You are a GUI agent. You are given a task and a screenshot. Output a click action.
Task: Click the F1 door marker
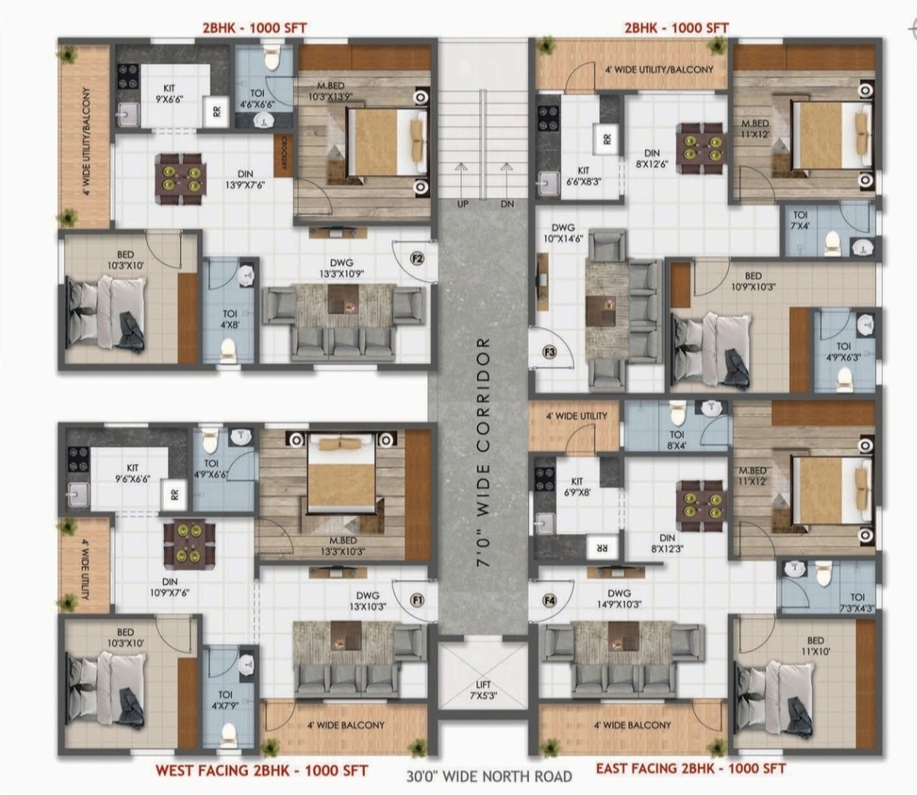(417, 600)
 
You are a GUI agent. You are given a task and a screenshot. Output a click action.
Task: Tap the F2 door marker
(417, 258)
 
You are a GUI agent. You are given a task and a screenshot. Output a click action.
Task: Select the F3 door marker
(549, 352)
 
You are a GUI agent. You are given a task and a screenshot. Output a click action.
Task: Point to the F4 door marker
(549, 600)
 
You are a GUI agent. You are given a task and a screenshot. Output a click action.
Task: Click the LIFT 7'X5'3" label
(483, 691)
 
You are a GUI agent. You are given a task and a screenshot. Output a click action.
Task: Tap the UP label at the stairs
(463, 204)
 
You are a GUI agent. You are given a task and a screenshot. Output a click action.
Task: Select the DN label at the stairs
(507, 204)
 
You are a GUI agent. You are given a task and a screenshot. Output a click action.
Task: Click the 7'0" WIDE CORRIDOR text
(483, 452)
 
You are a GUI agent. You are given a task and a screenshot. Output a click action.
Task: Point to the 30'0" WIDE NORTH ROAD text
(489, 777)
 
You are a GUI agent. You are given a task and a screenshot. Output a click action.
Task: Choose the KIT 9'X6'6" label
(169, 93)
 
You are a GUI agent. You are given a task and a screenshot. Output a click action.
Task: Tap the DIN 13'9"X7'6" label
(245, 179)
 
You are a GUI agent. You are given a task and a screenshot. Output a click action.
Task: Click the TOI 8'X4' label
(677, 440)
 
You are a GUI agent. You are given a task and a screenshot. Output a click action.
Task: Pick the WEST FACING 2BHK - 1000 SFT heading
(262, 770)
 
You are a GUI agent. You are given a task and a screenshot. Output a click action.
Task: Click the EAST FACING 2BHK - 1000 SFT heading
(690, 768)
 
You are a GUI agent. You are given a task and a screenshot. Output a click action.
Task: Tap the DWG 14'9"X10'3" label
(619, 599)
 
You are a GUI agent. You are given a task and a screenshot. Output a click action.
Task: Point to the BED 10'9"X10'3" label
(753, 281)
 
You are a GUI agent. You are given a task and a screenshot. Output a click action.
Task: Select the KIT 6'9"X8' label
(577, 487)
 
